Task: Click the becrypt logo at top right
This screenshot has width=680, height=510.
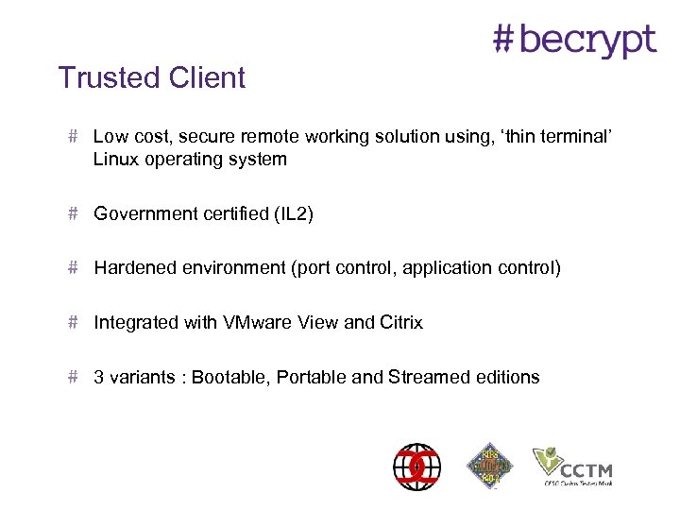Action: coord(574,40)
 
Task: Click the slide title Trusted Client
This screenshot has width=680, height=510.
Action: coord(152,77)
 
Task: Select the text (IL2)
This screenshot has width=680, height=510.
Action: coord(293,214)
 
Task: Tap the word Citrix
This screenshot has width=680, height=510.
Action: coord(401,323)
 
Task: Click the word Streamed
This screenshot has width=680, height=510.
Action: coord(427,378)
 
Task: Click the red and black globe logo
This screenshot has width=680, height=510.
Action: coord(416,466)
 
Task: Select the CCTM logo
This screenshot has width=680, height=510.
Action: coord(572,466)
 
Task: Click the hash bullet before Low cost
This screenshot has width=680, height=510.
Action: coord(74,137)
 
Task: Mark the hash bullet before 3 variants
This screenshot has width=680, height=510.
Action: coord(74,377)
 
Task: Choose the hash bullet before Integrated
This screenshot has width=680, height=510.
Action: coord(74,322)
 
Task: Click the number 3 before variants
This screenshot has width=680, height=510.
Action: coord(98,378)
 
